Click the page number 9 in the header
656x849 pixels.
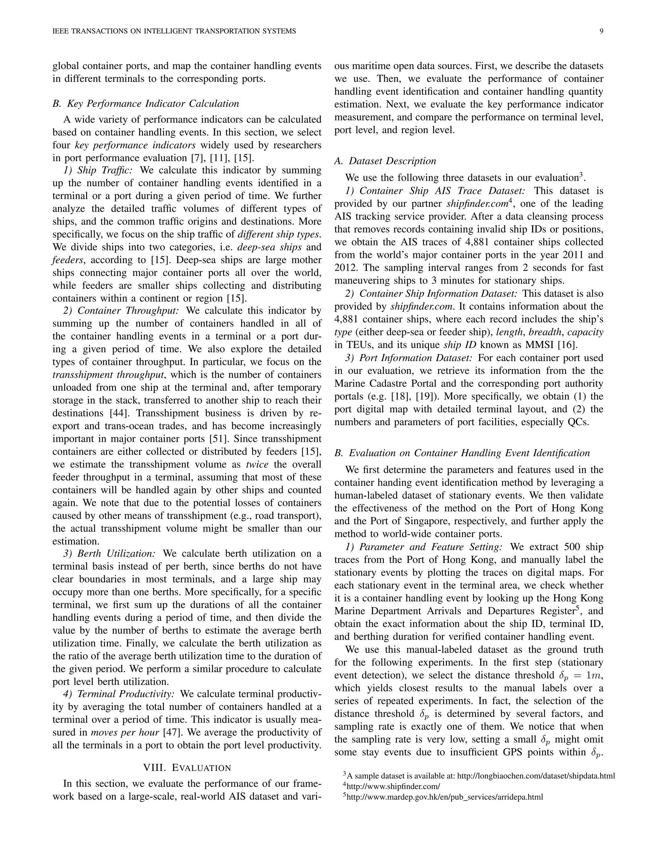(x=601, y=31)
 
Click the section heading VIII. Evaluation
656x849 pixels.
(x=187, y=768)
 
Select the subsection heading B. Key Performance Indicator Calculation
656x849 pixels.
(x=146, y=104)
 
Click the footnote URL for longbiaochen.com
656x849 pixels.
(x=536, y=776)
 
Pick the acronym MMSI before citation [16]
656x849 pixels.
(x=540, y=345)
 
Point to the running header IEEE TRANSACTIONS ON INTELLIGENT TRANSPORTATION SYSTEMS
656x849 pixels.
(x=174, y=31)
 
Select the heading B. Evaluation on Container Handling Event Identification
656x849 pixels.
(x=462, y=453)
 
